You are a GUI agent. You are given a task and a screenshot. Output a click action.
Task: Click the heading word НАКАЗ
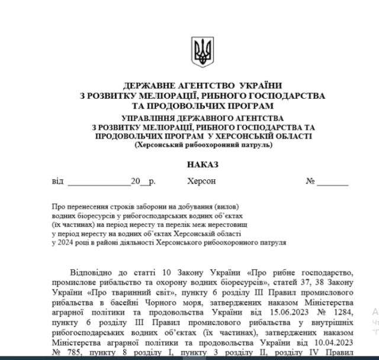[x=203, y=163]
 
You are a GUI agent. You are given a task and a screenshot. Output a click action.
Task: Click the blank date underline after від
[x=97, y=182]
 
